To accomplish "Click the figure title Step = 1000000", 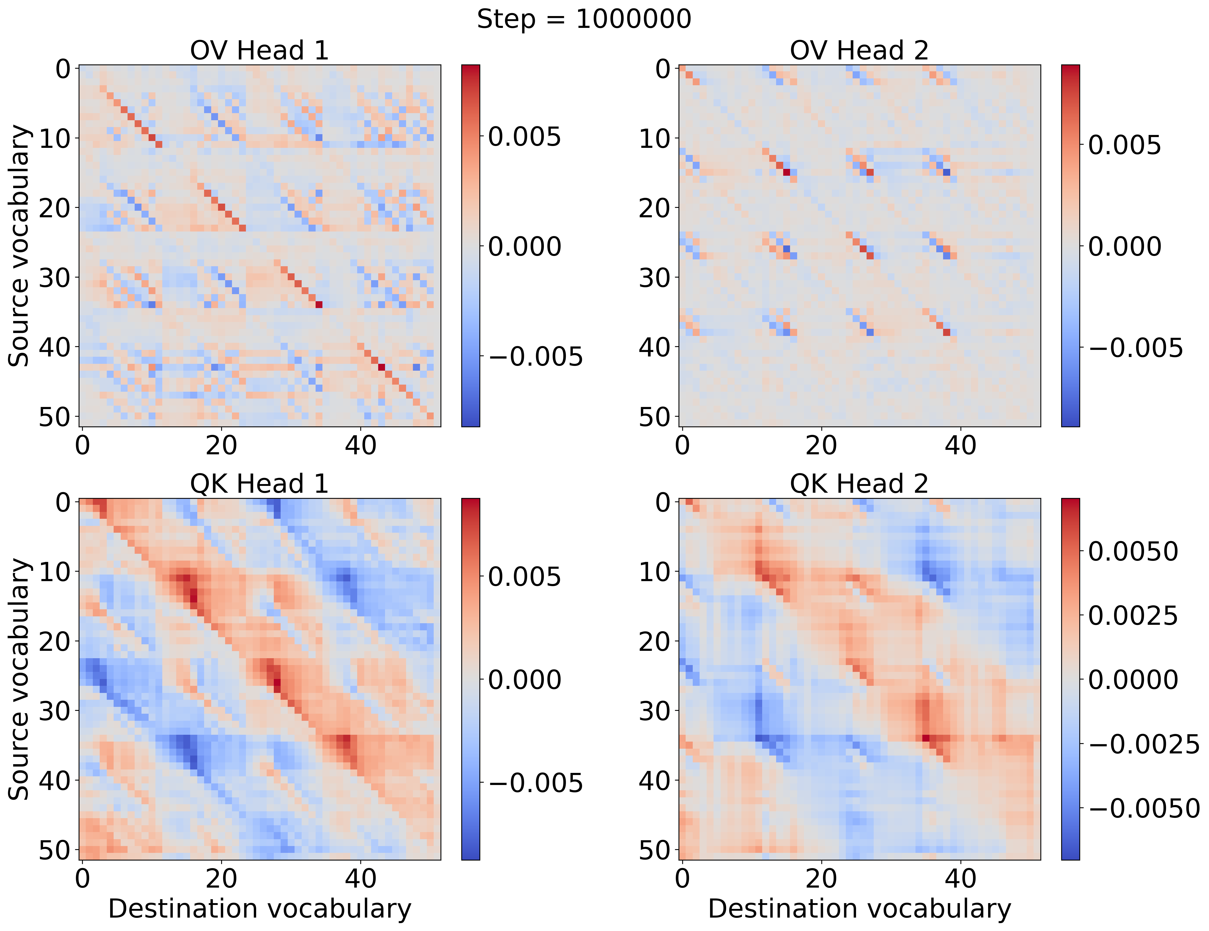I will (584, 19).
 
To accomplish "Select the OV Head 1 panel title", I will (260, 51).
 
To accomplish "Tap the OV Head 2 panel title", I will (859, 51).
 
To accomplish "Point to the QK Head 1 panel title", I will (260, 484).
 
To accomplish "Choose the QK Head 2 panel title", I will (859, 484).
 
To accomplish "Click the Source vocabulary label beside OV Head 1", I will (19, 246).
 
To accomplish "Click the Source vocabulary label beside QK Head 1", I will (19, 679).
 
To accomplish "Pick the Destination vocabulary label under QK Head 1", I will (260, 909).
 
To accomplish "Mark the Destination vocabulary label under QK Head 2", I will (859, 909).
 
